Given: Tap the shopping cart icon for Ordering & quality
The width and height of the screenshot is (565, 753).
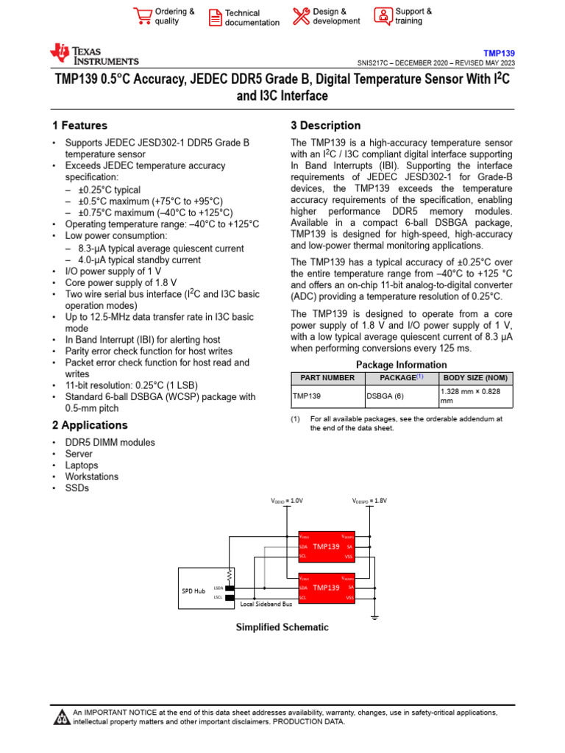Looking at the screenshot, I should coord(141,16).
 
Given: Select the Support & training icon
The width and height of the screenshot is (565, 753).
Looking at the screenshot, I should coord(383,16).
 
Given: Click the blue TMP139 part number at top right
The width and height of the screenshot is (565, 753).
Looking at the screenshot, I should coord(499,53).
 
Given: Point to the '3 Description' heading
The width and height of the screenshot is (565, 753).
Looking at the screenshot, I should coord(326,126).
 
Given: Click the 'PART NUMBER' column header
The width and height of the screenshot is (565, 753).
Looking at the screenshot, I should coord(327,378).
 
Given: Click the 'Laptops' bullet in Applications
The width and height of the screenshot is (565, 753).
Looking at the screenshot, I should coord(82,465).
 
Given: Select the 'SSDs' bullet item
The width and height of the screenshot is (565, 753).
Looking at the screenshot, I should coord(77,488).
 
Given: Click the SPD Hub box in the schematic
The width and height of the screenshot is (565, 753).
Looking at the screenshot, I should coord(193,590).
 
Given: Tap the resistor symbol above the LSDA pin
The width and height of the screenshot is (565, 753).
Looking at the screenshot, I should coord(230,574).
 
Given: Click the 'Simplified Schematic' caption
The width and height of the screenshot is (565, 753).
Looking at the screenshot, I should coord(282,627).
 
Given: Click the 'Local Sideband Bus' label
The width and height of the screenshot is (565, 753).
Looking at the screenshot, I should coord(266,604).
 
